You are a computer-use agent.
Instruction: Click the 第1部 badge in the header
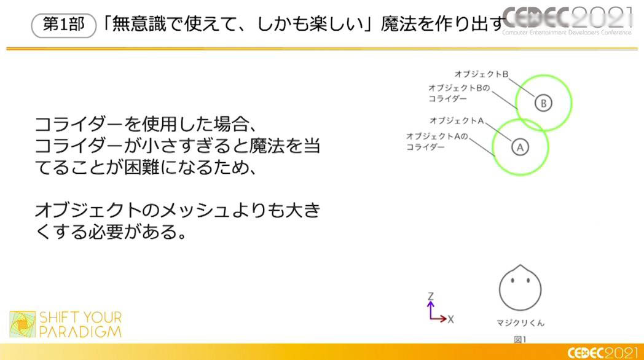tap(64, 25)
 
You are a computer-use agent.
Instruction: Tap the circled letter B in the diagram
tap(543, 103)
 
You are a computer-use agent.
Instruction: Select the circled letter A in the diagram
tap(520, 147)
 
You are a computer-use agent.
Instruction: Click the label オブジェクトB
tap(481, 74)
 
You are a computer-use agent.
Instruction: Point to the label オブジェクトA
tap(457, 120)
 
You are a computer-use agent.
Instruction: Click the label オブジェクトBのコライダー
tap(459, 93)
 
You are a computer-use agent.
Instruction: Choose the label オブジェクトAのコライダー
tap(437, 142)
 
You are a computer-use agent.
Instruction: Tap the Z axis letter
tap(430, 296)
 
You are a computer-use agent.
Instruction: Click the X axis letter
tap(450, 319)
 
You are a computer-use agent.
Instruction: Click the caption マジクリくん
tap(520, 323)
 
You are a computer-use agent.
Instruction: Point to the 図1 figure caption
tap(520, 340)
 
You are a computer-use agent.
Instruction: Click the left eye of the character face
tap(513, 281)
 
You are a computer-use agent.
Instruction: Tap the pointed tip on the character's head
tap(520, 265)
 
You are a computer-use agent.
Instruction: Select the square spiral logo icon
tap(23, 324)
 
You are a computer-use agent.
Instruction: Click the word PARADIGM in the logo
tap(80, 332)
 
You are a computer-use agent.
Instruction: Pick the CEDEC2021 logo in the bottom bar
tap(602, 353)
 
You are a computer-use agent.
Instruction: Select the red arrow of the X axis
tap(438, 319)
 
